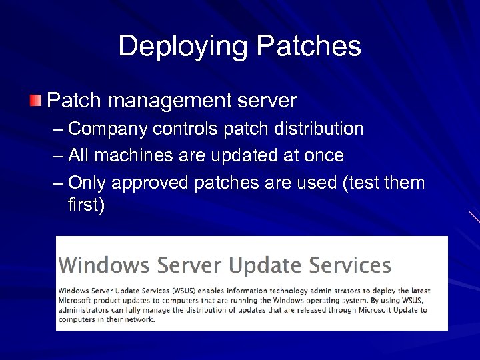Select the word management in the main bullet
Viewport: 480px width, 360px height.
pyautogui.click(x=171, y=102)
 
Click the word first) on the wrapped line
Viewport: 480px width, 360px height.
pyautogui.click(x=86, y=204)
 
